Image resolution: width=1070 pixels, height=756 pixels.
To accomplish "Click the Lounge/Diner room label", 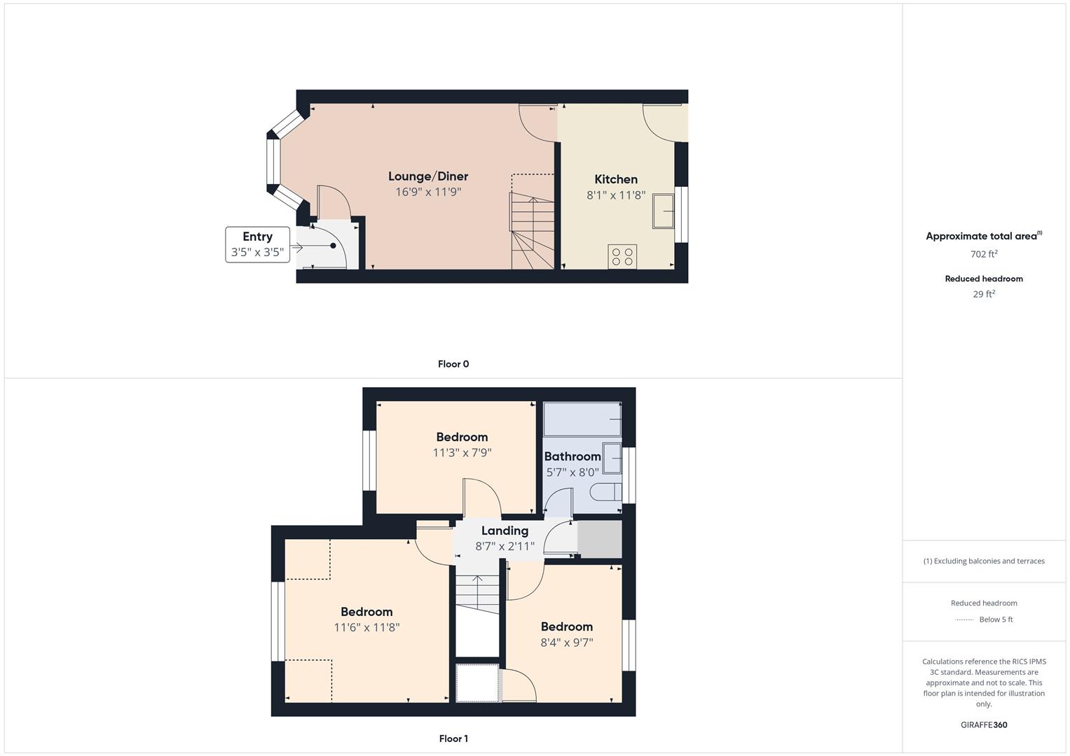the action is pyautogui.click(x=428, y=176).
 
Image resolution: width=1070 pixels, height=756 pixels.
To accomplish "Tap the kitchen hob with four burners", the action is pyautogui.click(x=622, y=256).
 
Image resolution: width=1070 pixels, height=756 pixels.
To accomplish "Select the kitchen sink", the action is pyautogui.click(x=664, y=211).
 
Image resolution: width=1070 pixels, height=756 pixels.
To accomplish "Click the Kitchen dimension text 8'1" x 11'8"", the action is pyautogui.click(x=616, y=195).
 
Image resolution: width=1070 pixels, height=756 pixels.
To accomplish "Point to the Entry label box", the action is pyautogui.click(x=257, y=244).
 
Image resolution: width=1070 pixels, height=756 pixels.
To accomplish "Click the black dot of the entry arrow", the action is pyautogui.click(x=333, y=246).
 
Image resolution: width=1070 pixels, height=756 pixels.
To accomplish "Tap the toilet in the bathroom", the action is pyautogui.click(x=605, y=492).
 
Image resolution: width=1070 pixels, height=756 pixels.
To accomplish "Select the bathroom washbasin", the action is pyautogui.click(x=612, y=458).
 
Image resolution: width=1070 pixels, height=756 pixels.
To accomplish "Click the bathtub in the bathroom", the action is pyautogui.click(x=582, y=419).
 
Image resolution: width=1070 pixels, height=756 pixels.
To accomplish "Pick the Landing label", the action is pyautogui.click(x=505, y=531).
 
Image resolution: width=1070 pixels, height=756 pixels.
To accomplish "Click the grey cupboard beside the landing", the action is pyautogui.click(x=600, y=539).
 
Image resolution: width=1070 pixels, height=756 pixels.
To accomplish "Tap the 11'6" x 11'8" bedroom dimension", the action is pyautogui.click(x=366, y=627).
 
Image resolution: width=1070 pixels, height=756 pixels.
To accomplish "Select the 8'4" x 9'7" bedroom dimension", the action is pyautogui.click(x=566, y=643).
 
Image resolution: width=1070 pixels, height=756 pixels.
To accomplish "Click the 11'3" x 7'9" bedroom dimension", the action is pyautogui.click(x=462, y=452).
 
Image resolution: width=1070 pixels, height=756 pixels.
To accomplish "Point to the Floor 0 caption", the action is pyautogui.click(x=453, y=364).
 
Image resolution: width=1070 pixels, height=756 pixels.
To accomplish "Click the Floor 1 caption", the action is pyautogui.click(x=453, y=738).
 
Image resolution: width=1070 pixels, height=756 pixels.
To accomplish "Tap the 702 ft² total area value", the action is pyautogui.click(x=984, y=254).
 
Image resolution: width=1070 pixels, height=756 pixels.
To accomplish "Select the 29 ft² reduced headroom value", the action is pyautogui.click(x=984, y=294).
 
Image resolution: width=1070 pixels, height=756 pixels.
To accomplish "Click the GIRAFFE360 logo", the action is pyautogui.click(x=984, y=725).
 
